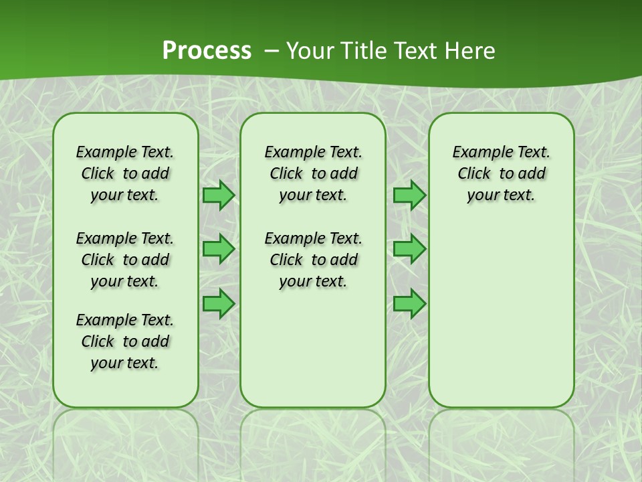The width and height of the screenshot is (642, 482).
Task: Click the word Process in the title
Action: [207, 51]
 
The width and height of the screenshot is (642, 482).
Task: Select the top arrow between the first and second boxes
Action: [219, 195]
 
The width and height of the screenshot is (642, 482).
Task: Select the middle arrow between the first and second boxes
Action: [219, 249]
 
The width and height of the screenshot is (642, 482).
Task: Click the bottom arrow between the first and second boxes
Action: [219, 303]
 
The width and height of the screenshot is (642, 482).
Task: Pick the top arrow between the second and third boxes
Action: [409, 195]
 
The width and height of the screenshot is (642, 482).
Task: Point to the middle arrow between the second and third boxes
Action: [409, 249]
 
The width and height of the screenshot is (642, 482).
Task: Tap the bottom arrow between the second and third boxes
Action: [409, 303]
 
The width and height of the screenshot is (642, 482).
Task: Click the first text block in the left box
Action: [125, 173]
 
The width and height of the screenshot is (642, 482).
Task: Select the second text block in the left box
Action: [125, 260]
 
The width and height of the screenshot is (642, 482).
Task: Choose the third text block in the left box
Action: [125, 341]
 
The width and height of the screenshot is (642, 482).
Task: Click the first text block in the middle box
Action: [313, 173]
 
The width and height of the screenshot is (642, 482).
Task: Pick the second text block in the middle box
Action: [313, 260]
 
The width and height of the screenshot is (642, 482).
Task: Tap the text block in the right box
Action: [502, 173]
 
